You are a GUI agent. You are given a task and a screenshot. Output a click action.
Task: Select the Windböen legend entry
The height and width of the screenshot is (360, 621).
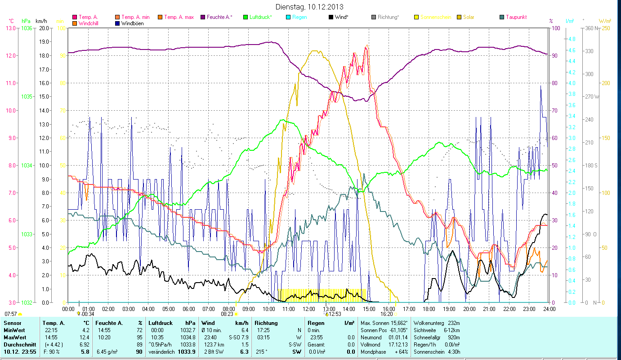[x=132, y=23]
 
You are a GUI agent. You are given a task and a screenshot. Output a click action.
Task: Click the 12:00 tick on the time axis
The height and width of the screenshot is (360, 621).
[x=308, y=309]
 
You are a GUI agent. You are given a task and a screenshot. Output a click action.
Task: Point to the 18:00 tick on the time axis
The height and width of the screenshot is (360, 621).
[x=429, y=309]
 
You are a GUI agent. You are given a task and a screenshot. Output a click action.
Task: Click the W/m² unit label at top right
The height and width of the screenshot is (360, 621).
[x=605, y=21]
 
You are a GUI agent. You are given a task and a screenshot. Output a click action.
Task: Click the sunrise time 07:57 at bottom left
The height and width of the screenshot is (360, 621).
[x=11, y=314]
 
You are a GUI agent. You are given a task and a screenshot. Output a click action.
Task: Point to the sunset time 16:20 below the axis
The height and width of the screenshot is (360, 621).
[x=386, y=314]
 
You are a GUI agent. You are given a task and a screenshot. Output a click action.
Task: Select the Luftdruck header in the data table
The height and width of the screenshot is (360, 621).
[x=160, y=323]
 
